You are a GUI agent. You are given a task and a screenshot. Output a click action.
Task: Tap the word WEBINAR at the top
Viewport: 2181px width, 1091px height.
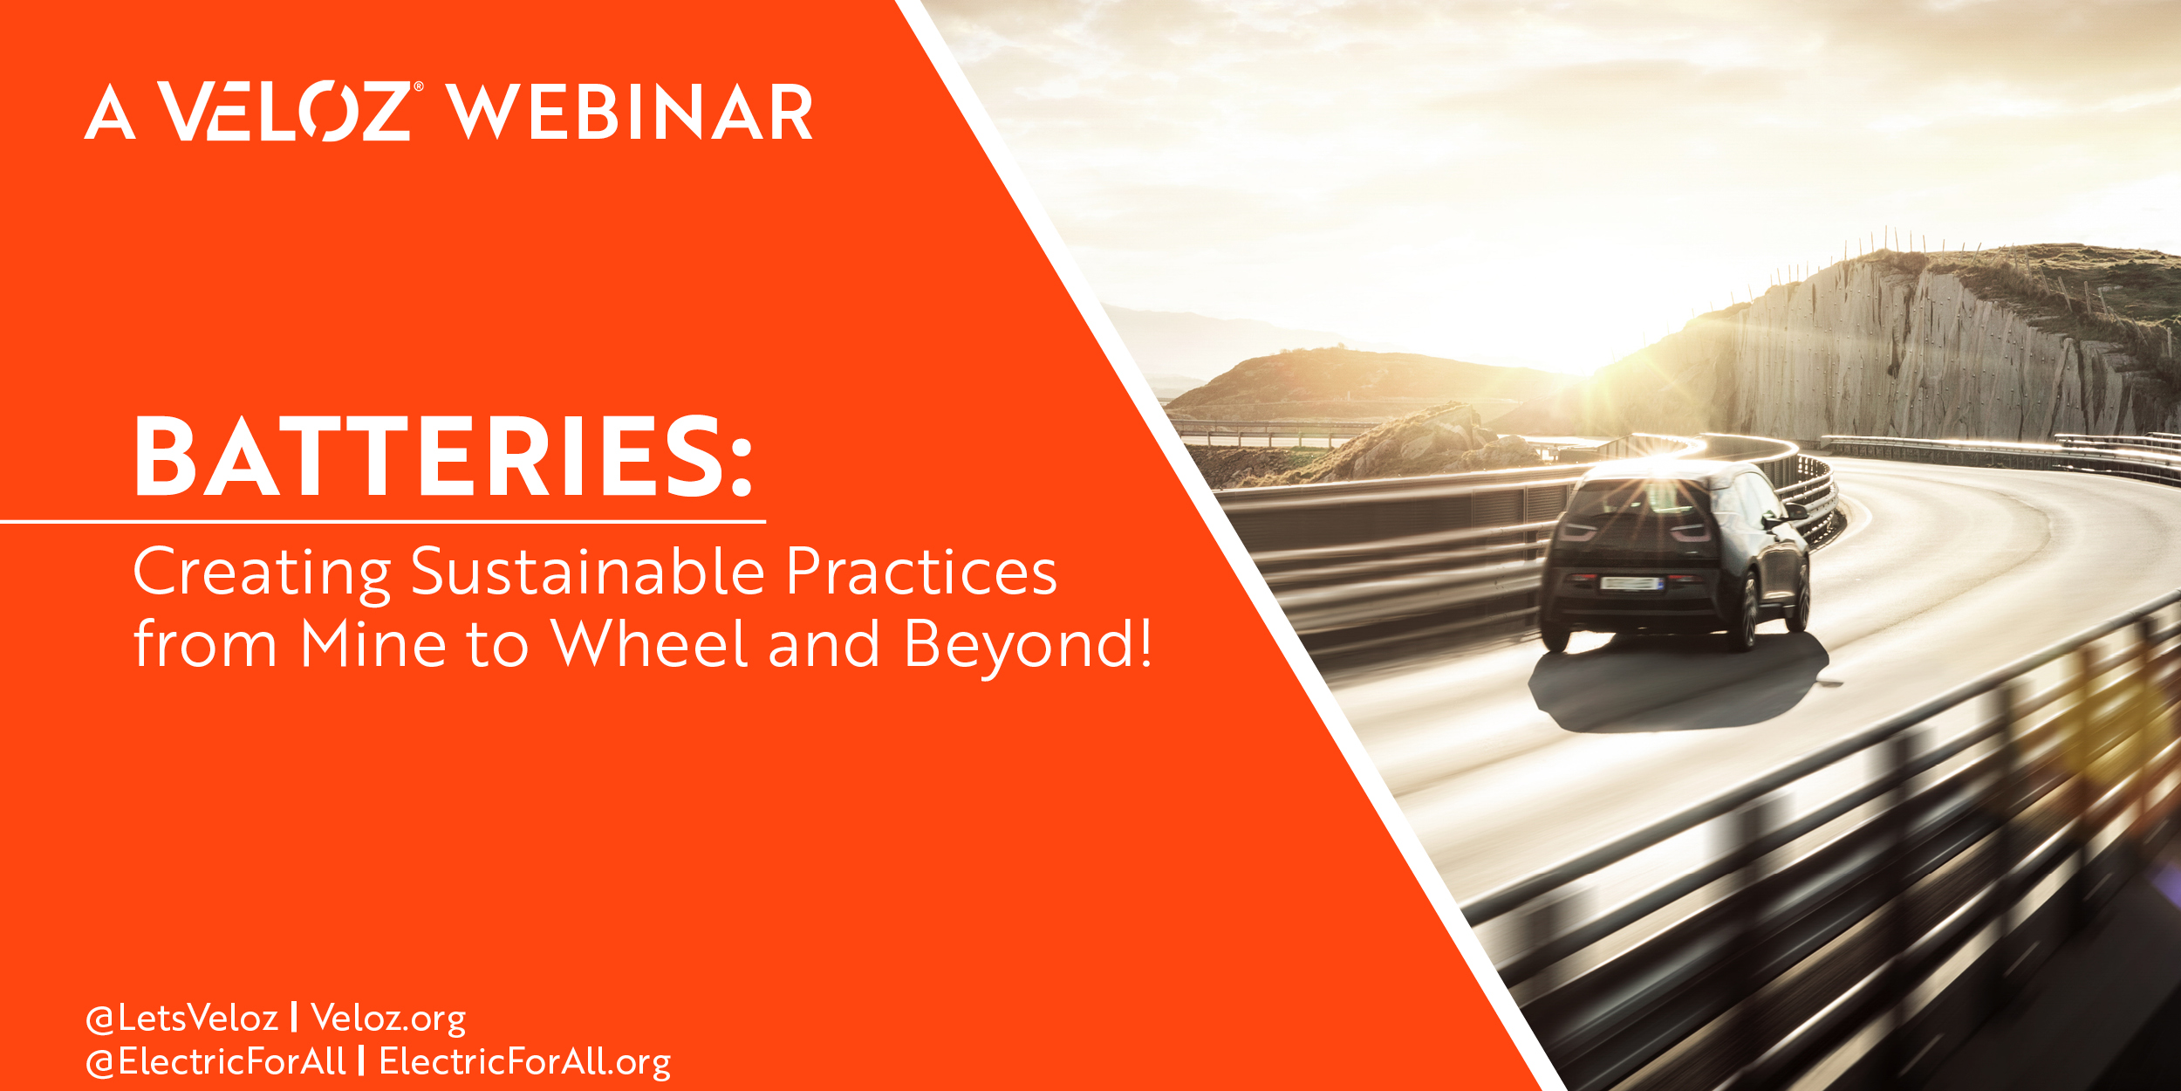coord(630,112)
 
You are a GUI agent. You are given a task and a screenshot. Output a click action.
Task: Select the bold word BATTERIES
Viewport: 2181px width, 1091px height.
coord(443,456)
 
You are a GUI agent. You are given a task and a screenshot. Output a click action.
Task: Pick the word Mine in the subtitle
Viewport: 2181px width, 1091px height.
coord(373,643)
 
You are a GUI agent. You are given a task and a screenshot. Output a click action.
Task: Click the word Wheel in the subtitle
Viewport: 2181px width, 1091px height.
coord(649,642)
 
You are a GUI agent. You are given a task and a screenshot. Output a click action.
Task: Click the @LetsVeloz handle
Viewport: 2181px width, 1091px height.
coord(181,1018)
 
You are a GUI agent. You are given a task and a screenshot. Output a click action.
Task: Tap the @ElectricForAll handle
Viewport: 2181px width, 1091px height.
coord(215,1061)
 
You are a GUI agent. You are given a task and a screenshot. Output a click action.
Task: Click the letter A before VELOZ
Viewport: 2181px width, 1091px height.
coord(110,112)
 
